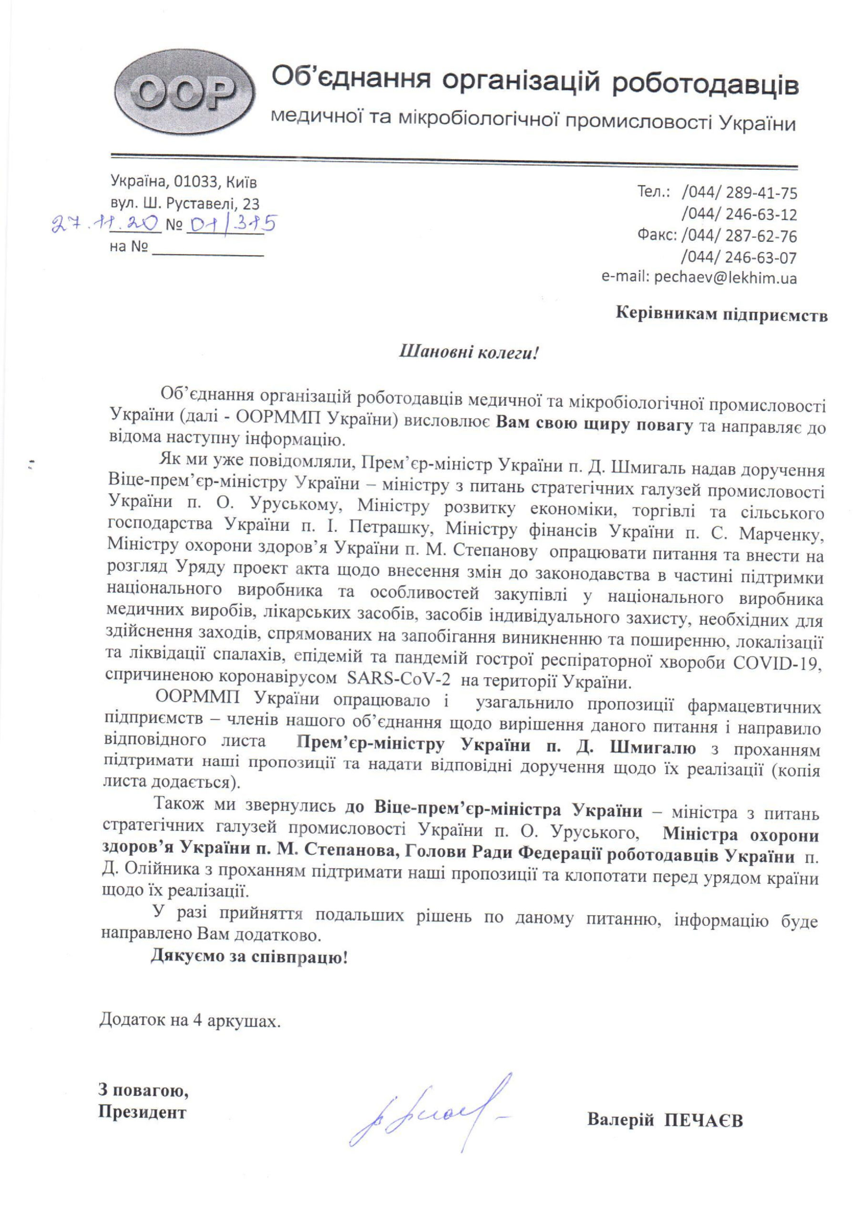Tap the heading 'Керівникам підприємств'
[721, 314]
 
